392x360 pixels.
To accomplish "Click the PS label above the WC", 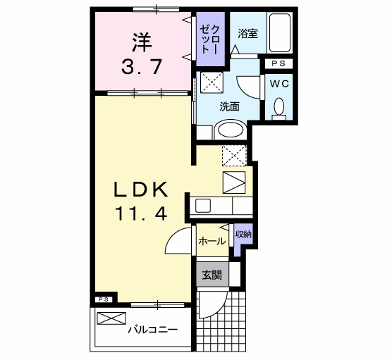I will [276, 64].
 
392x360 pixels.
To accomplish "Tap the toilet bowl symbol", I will [278, 106].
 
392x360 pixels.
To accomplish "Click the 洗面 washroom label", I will [229, 107].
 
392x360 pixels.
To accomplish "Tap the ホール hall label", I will [212, 241].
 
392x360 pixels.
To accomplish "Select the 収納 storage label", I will [243, 235].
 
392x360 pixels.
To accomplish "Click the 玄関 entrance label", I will [212, 274].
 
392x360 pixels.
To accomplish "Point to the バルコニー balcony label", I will [152, 330].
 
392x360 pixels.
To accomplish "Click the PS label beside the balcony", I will [102, 299].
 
